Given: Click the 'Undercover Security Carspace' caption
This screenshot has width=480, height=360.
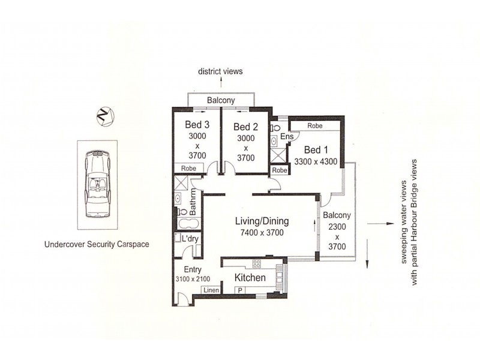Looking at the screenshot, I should (97, 244).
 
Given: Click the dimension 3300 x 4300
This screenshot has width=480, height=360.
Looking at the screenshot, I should (316, 161).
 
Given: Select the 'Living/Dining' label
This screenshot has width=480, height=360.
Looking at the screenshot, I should (259, 221).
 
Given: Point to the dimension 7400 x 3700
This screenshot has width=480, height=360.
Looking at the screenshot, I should (259, 233).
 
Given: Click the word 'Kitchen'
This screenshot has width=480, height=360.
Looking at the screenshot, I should (250, 278).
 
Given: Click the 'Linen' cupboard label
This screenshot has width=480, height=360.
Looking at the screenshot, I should (211, 290).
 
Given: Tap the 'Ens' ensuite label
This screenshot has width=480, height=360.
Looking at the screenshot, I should (287, 137).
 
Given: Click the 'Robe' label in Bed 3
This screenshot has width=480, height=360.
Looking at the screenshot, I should (188, 169).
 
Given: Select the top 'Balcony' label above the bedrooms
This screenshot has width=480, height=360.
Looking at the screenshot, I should (220, 100).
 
